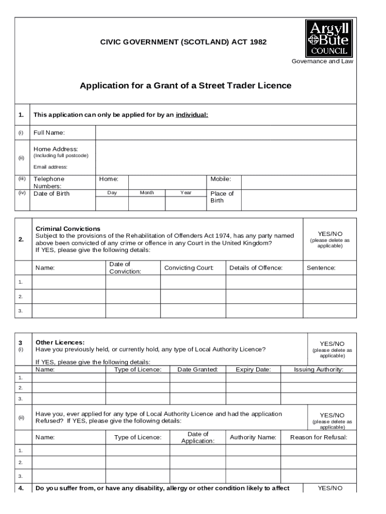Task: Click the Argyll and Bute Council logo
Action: tap(329, 38)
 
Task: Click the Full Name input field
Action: tap(226, 133)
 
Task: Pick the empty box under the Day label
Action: tap(112, 203)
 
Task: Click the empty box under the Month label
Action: tap(146, 203)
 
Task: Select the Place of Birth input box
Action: tap(299, 200)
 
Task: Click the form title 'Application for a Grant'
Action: tap(185, 86)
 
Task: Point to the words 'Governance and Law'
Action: tap(322, 61)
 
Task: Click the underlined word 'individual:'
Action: tap(191, 115)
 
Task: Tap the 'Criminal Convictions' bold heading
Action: tap(68, 229)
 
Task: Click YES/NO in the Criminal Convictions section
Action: tap(330, 234)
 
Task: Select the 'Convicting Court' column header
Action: tap(188, 268)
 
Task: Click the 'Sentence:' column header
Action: tap(321, 268)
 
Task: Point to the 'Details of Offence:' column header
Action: tap(256, 268)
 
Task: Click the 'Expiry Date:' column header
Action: tap(253, 370)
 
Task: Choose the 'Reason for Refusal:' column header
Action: tap(319, 438)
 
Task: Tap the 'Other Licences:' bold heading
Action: tap(60, 342)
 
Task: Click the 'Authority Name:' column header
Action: tap(253, 438)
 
